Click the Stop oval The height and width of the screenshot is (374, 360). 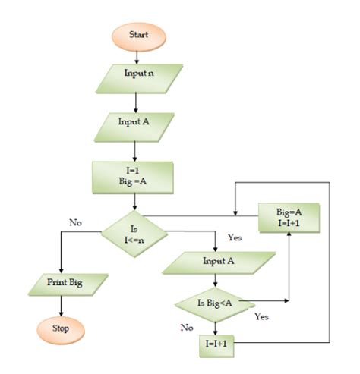click(59, 329)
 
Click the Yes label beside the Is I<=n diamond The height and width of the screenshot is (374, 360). click(235, 237)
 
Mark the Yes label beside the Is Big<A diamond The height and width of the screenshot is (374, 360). click(262, 316)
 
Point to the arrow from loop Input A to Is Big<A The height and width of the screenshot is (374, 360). click(215, 284)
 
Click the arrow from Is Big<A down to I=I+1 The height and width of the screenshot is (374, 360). click(215, 327)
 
